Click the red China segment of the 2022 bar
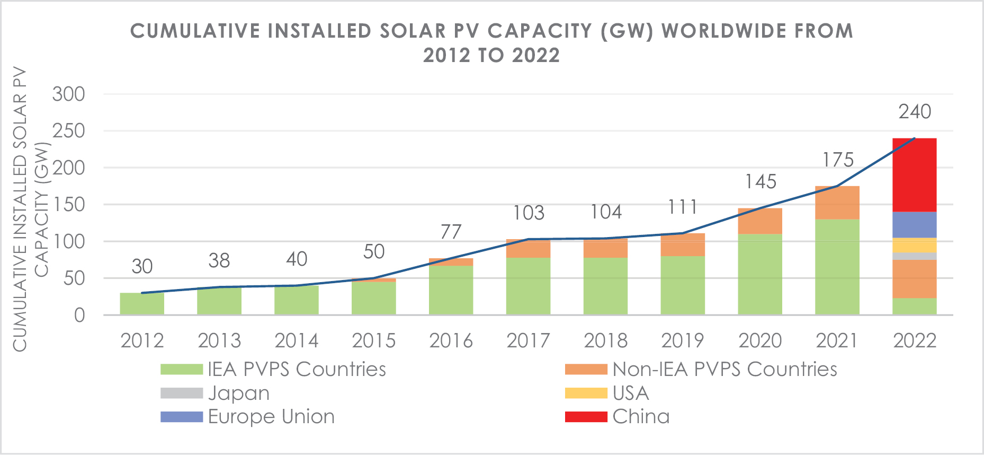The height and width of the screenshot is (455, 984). click(914, 175)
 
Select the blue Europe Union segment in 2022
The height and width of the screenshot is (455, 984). click(914, 225)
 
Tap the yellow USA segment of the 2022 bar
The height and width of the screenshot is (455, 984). click(914, 245)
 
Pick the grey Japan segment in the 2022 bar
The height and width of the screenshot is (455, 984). click(914, 256)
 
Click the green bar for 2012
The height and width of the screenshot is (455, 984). click(142, 304)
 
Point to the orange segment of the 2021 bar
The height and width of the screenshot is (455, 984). click(837, 203)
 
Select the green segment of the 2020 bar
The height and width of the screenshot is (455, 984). click(759, 274)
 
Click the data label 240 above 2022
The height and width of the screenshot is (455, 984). click(915, 112)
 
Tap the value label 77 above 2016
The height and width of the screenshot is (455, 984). click(451, 232)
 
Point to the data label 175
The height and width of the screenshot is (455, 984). click(838, 160)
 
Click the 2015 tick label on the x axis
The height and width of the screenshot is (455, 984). click(373, 340)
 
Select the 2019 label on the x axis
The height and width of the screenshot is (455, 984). click(682, 340)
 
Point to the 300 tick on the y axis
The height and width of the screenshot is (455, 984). click(68, 94)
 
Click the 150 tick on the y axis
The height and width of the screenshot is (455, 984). click(68, 205)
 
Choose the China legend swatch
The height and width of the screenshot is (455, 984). click(586, 417)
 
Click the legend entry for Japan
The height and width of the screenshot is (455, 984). click(238, 393)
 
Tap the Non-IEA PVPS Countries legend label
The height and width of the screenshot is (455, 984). click(724, 370)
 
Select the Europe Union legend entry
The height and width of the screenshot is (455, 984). click(271, 417)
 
